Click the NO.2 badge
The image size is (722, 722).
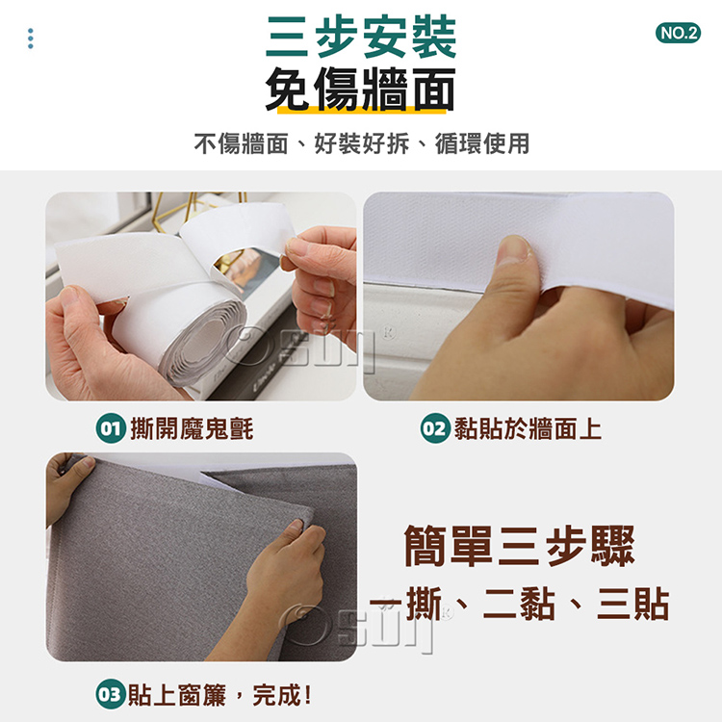678,33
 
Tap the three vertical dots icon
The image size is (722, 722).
31,39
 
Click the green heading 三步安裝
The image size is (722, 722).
361,37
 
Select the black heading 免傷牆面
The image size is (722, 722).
360,89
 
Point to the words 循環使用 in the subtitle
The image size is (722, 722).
482,143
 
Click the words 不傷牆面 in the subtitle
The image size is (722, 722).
241,143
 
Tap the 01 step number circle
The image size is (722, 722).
111,428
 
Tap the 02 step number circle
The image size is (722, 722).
435,428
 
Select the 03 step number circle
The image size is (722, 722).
111,694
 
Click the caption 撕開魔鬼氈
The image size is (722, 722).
192,428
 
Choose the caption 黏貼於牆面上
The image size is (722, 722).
528,428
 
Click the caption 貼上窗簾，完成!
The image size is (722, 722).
219,694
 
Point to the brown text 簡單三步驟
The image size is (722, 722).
520,546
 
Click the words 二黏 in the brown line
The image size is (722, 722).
519,604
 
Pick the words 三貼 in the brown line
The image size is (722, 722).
632,604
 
